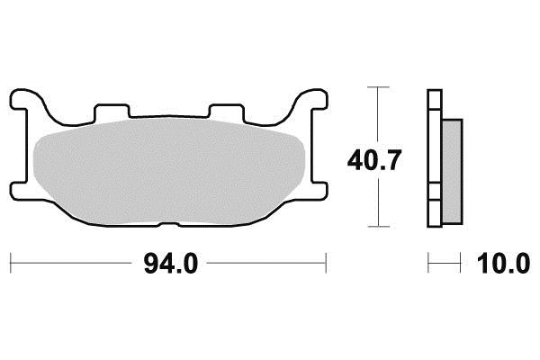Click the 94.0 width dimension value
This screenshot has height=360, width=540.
click(171, 263)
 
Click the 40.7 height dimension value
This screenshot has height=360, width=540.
click(374, 160)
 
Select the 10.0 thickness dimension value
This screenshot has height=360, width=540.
click(503, 263)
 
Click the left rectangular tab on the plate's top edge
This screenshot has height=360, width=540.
click(112, 110)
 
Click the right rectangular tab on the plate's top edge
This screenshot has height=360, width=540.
click(227, 110)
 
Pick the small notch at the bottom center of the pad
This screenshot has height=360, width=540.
click(169, 224)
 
